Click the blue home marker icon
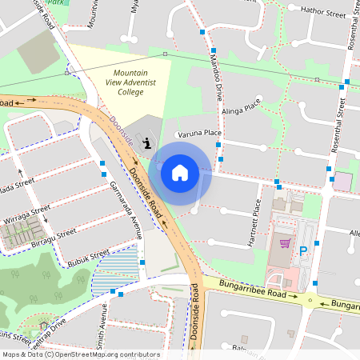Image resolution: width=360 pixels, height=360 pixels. pyautogui.click(x=180, y=172)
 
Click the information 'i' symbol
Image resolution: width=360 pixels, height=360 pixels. pyautogui.click(x=146, y=143)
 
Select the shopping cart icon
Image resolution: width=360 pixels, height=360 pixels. pyautogui.click(x=284, y=242)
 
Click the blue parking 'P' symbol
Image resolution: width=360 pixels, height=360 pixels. pyautogui.click(x=302, y=250)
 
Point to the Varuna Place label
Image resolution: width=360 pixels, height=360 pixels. pyautogui.click(x=200, y=133)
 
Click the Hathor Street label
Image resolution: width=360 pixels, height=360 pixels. pyautogui.click(x=322, y=10)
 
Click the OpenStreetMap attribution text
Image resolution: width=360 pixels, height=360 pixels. pyautogui.click(x=80, y=354)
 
